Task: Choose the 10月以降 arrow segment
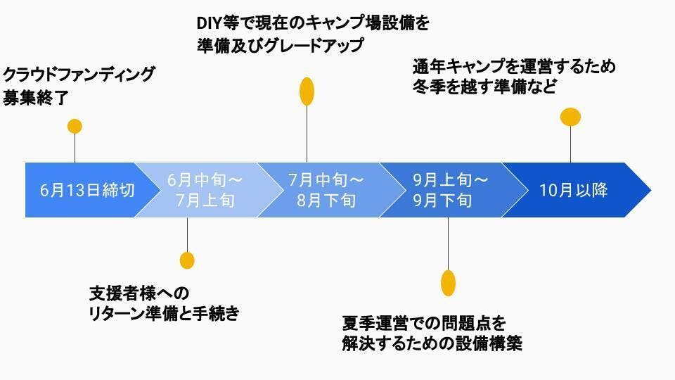pyautogui.click(x=574, y=190)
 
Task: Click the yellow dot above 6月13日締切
pyautogui.click(x=75, y=126)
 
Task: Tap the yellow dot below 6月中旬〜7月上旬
pyautogui.click(x=187, y=260)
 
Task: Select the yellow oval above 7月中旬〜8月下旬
pyautogui.click(x=307, y=91)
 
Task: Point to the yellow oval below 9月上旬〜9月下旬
pyautogui.click(x=448, y=282)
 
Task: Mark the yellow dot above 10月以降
pyautogui.click(x=570, y=116)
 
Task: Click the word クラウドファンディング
pyautogui.click(x=79, y=75)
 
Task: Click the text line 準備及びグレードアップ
pyautogui.click(x=281, y=46)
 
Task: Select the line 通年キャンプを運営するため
pyautogui.click(x=514, y=67)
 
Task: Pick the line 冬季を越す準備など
pyautogui.click(x=484, y=87)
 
